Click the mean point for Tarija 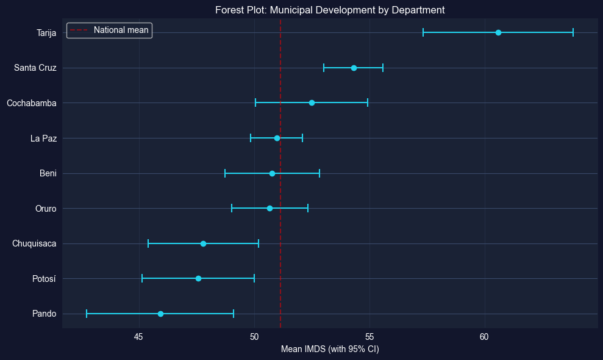(498, 32)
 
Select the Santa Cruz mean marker (354, 68)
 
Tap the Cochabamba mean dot (312, 103)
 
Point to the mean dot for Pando (160, 314)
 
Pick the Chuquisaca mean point (203, 243)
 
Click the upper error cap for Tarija (573, 32)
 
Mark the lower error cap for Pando (87, 314)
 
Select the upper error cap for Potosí (254, 279)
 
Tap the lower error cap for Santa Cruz (324, 68)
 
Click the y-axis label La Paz (43, 139)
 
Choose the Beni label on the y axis (48, 174)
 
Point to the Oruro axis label (46, 209)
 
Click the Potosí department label (44, 279)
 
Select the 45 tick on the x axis (139, 337)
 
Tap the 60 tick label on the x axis (484, 337)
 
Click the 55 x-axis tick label (369, 337)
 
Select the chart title (330, 10)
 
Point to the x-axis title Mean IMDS (330, 349)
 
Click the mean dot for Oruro (269, 209)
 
